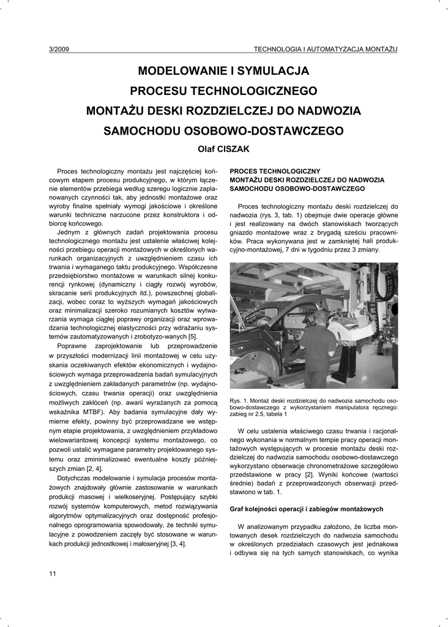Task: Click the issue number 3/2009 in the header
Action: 59,48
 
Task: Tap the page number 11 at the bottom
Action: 53,573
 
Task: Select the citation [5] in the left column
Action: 192,337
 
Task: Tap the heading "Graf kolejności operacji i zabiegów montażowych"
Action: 306,509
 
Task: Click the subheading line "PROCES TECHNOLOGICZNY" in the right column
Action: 275,171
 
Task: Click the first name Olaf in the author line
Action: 207,149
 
